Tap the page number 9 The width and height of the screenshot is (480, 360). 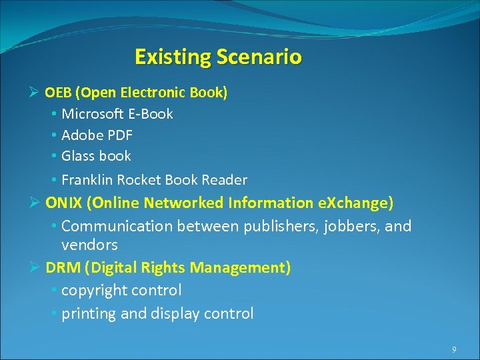[x=454, y=349]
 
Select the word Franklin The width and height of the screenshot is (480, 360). [x=88, y=180]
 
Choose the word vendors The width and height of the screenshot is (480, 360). [x=89, y=245]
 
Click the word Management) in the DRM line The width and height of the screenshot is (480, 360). [x=241, y=267]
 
